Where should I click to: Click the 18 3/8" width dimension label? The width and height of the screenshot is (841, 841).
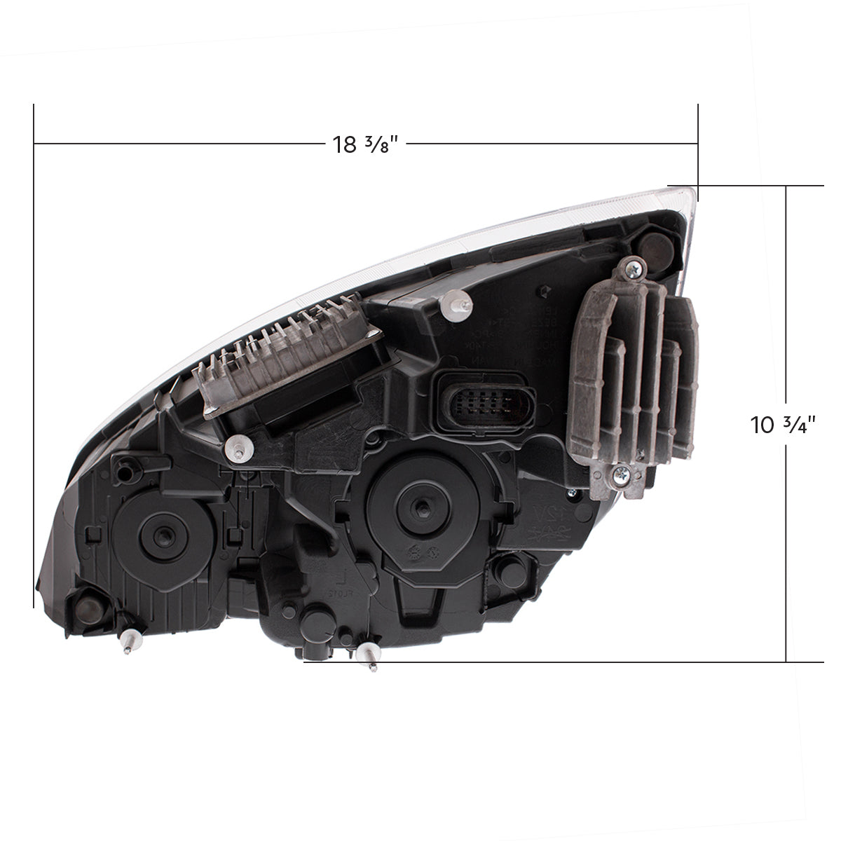tap(364, 144)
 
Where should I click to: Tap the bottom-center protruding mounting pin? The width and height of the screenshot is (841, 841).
tap(369, 659)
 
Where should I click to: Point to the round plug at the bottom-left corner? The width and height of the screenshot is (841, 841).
tap(90, 599)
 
